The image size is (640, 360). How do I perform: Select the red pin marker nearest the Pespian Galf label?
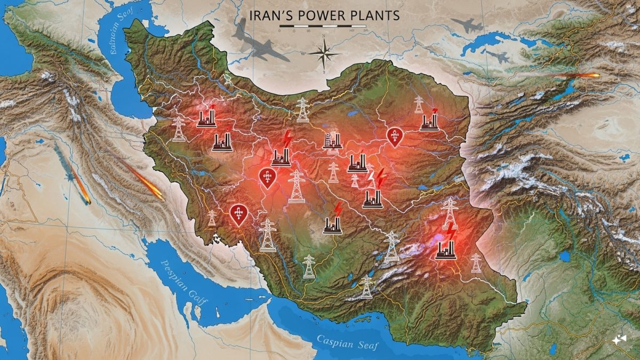point(238,214)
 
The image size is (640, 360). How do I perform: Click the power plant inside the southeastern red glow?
point(445,249)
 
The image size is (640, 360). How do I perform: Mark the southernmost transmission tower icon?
point(366,287)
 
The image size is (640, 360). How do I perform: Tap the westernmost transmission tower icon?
point(179,129)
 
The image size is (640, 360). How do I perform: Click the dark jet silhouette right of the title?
point(464,25)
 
